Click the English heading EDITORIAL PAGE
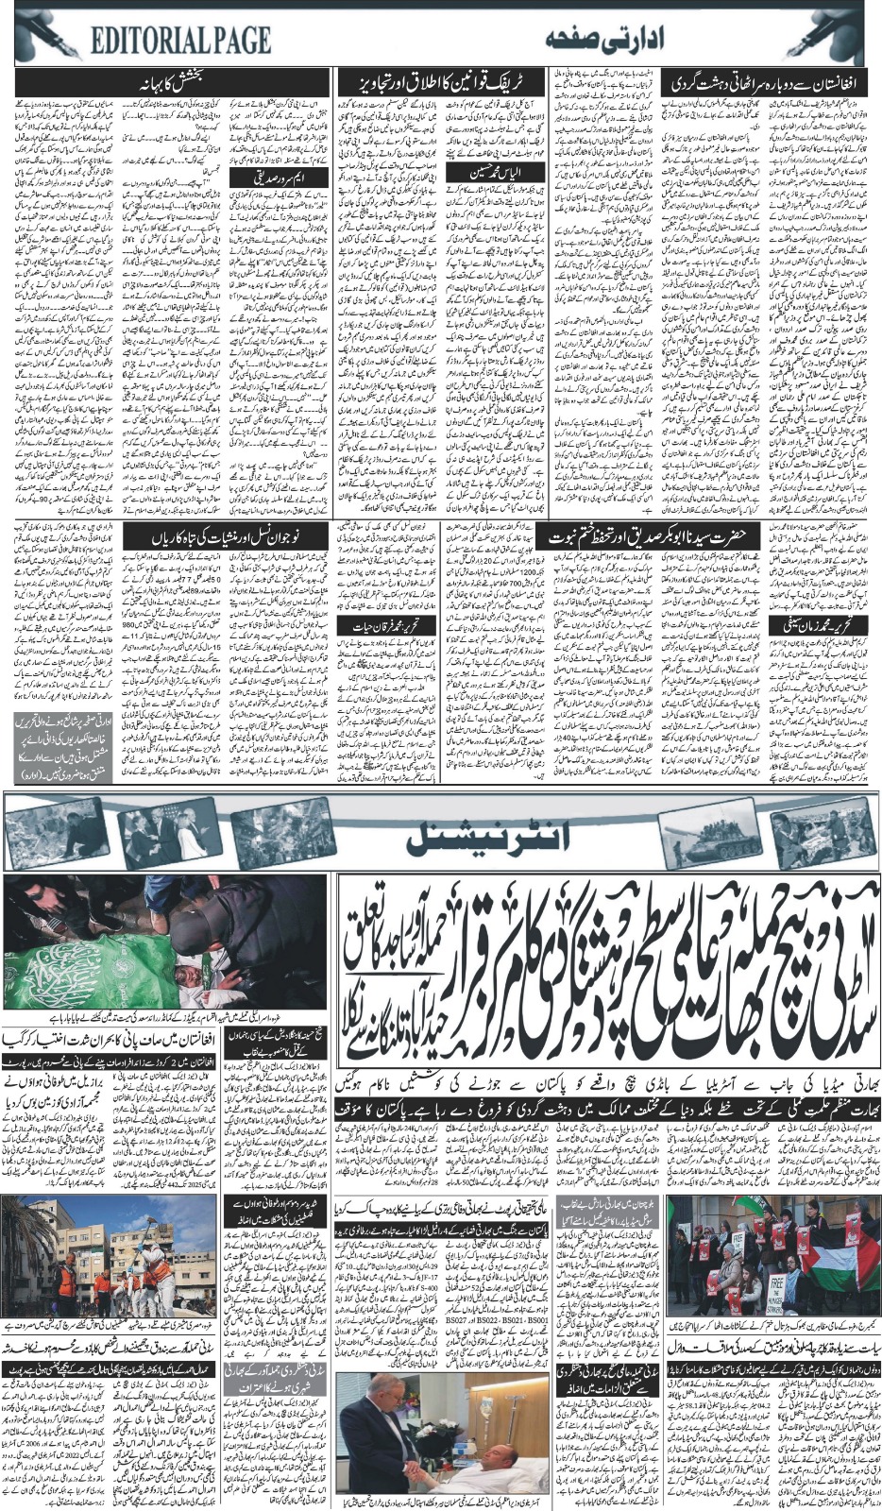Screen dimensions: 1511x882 181,39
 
